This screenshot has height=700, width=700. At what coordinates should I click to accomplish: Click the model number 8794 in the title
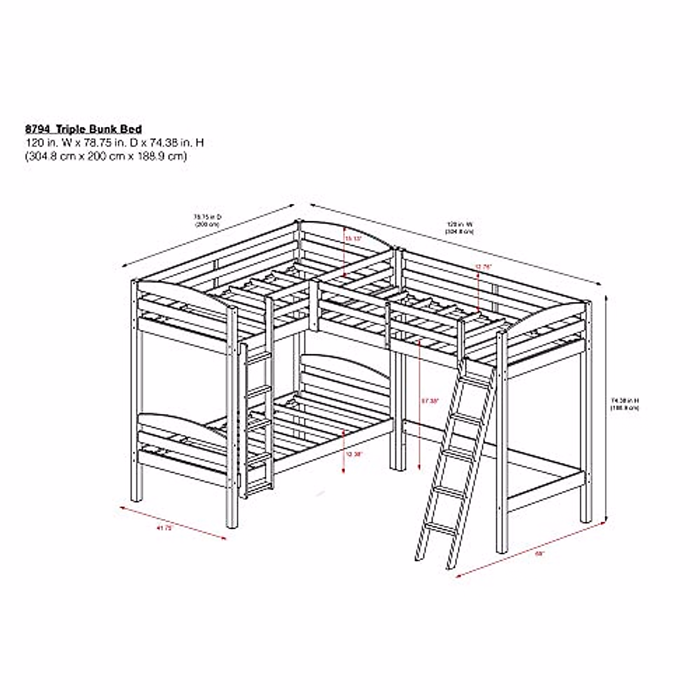tap(36, 129)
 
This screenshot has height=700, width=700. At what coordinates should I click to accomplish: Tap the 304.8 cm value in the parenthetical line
tap(49, 156)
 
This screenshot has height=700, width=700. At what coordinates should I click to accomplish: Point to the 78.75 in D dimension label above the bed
tap(207, 220)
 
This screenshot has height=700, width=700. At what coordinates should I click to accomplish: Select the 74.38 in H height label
tap(625, 404)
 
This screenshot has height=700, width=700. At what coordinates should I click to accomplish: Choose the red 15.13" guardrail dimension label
tap(353, 239)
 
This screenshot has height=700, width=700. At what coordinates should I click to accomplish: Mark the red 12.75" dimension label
tap(484, 267)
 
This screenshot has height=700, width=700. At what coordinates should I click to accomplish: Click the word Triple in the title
tap(71, 129)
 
